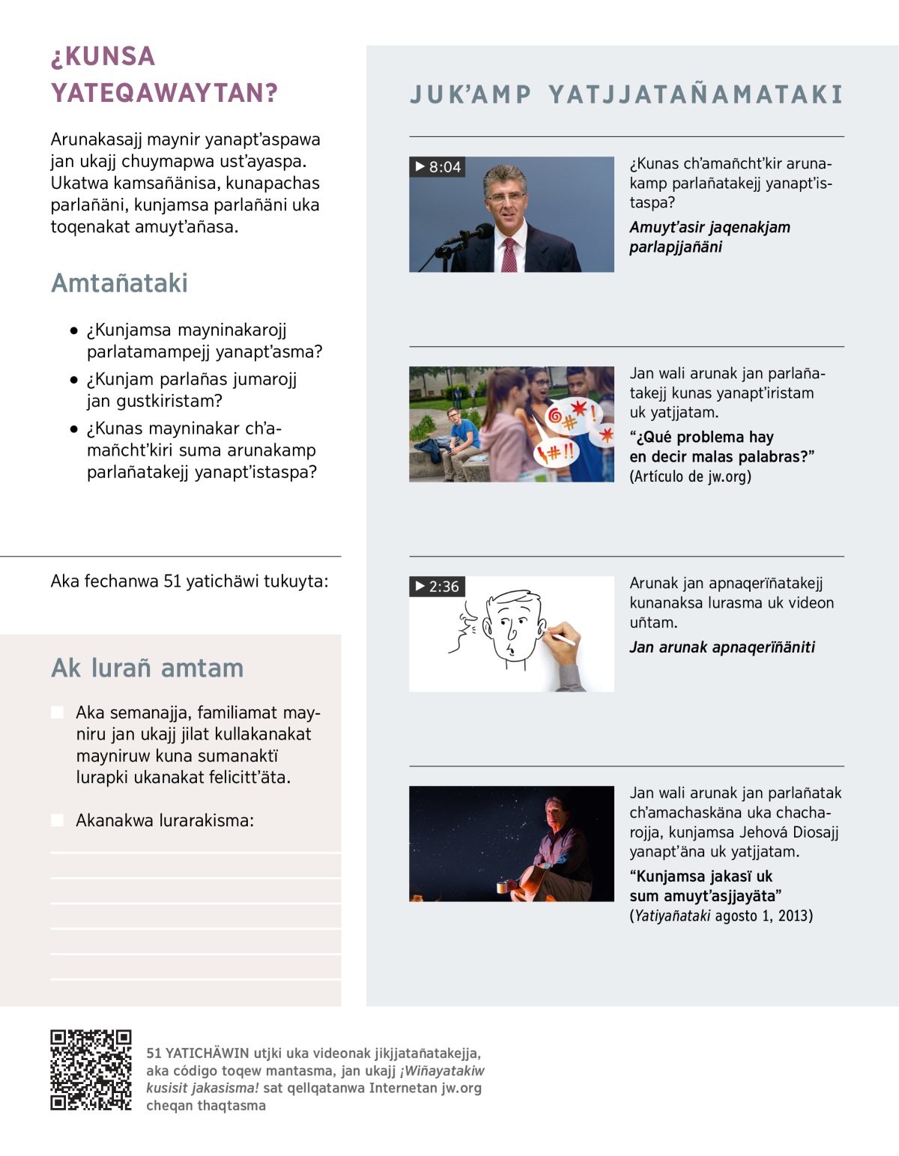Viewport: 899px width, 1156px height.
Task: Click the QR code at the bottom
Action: click(91, 1070)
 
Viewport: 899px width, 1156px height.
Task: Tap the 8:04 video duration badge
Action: click(438, 167)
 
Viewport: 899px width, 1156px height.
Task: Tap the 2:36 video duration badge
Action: click(438, 587)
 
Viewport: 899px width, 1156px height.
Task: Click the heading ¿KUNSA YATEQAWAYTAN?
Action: click(164, 75)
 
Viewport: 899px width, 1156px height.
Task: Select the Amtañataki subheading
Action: click(119, 283)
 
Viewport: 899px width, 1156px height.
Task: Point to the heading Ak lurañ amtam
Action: click(147, 668)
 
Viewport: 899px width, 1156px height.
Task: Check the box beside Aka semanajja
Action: click(58, 712)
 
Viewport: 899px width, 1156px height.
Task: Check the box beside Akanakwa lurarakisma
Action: click(58, 820)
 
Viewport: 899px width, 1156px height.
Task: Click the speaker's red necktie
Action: click(509, 255)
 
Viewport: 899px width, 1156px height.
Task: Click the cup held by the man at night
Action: click(503, 888)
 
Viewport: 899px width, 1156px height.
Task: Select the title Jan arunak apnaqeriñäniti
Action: click(722, 647)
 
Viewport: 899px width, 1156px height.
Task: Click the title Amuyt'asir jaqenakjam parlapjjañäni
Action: click(709, 237)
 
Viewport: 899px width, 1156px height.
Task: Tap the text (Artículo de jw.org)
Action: click(690, 476)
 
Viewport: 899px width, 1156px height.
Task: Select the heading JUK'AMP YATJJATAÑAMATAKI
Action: click(626, 94)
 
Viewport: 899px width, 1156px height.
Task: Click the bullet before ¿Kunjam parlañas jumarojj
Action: click(73, 380)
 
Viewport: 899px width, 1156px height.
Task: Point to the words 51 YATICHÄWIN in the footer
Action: click(197, 1053)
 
